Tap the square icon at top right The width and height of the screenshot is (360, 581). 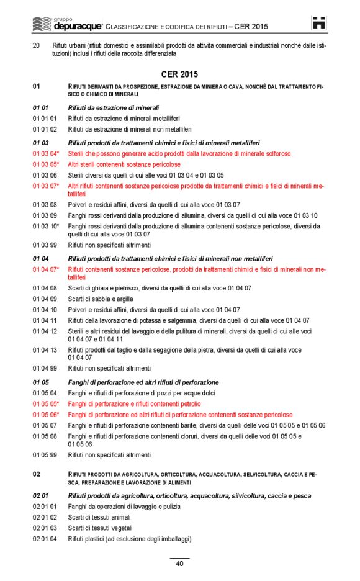pos(319,24)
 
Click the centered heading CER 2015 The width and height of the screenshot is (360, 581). pos(179,74)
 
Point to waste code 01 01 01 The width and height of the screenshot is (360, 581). pos(45,119)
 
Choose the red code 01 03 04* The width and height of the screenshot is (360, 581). pos(46,153)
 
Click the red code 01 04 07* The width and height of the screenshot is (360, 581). pos(46,269)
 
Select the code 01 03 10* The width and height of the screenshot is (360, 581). pos(46,227)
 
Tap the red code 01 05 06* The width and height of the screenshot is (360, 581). pos(46,415)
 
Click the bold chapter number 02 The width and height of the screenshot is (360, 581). pos(36,474)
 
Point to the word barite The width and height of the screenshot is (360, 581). pos(186,425)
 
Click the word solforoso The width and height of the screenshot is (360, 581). pos(276,153)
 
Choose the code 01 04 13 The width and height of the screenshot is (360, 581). pos(45,350)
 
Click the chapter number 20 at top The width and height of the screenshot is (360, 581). pos(36,45)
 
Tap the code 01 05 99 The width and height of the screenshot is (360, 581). pos(45,455)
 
